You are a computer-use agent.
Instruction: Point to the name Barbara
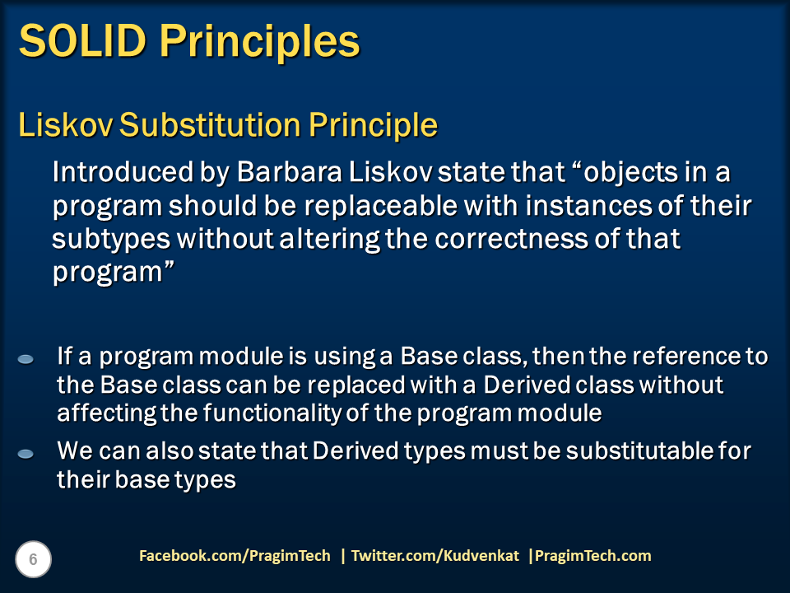[x=281, y=174]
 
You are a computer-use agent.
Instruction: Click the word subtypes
[x=110, y=239]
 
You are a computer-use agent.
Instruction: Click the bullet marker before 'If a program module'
[x=26, y=359]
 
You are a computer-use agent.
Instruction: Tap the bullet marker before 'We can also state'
[x=26, y=454]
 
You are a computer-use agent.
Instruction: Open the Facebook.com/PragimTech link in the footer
[x=235, y=556]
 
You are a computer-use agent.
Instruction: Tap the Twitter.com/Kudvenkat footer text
[x=435, y=556]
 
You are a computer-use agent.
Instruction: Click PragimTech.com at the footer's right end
[x=592, y=556]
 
